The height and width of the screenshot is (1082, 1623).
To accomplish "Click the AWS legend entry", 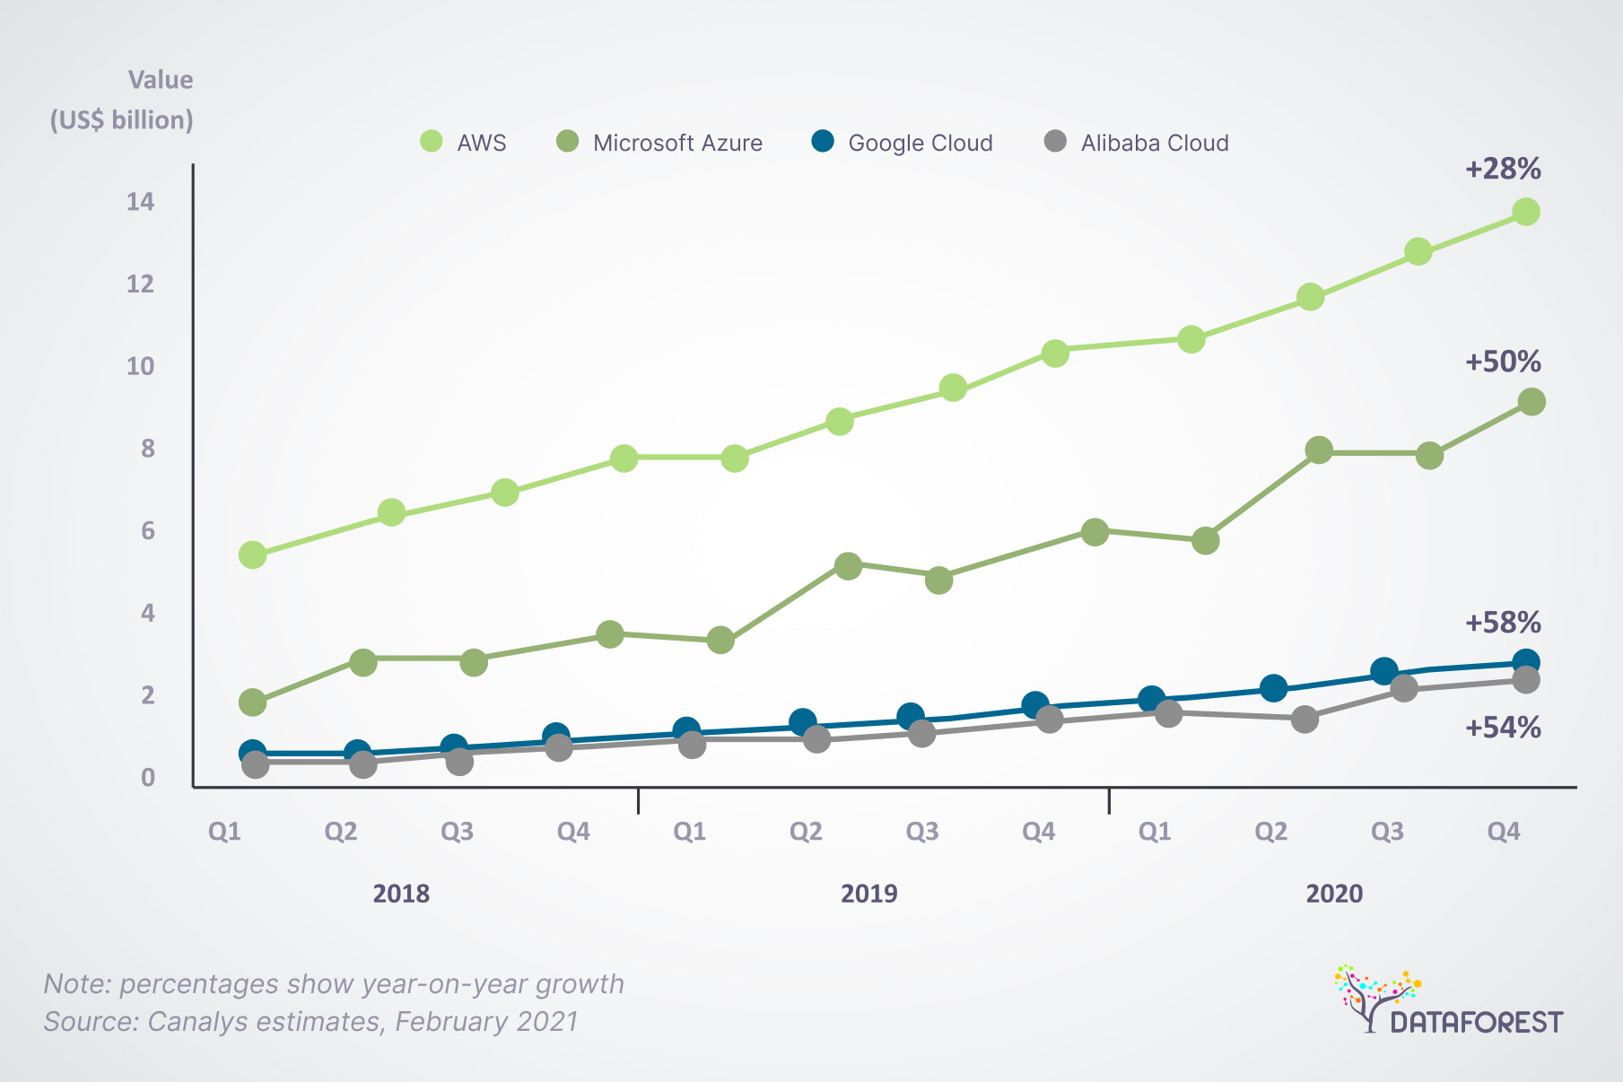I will click(464, 143).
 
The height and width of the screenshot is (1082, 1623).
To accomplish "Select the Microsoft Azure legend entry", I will click(660, 143).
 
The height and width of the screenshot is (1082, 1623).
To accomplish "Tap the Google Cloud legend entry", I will click(903, 143).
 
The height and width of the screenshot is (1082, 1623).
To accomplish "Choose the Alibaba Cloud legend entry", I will click(1138, 143).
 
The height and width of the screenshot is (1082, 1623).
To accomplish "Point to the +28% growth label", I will click(1503, 169).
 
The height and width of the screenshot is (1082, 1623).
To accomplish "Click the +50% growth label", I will click(1503, 362).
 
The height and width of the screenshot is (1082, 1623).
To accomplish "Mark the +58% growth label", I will click(1503, 622).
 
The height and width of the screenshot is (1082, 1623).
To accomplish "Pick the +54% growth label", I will click(1503, 727).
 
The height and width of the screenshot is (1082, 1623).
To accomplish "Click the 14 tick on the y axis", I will click(140, 202).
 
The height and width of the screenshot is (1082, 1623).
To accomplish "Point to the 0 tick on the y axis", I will click(147, 778).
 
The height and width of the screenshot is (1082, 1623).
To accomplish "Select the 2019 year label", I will click(868, 894).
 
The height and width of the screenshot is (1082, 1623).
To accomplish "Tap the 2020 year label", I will click(1334, 894).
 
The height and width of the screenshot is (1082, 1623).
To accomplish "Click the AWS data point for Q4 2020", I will click(1526, 212).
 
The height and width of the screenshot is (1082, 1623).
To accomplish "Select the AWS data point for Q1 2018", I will click(253, 555).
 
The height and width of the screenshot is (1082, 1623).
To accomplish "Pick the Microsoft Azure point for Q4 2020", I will click(1531, 402).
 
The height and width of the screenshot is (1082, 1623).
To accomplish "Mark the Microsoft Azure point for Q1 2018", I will click(253, 702).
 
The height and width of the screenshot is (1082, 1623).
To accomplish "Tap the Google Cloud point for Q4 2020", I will click(1526, 663).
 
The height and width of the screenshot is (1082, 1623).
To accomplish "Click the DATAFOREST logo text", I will click(1476, 1022).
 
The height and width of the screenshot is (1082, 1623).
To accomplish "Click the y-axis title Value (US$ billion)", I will click(122, 100).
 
